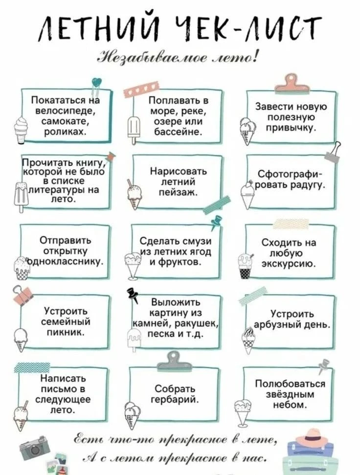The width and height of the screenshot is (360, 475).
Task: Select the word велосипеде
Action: click(x=66, y=111)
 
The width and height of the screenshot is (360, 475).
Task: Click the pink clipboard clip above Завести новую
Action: click(x=293, y=84)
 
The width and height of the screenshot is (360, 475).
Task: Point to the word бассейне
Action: click(x=178, y=132)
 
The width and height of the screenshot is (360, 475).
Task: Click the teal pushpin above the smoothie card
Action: click(x=216, y=223)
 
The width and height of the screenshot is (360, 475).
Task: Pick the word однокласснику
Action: click(x=66, y=262)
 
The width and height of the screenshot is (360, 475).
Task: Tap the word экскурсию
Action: click(x=289, y=264)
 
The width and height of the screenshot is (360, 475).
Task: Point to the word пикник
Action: click(x=66, y=333)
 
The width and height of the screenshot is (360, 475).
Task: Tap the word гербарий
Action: click(x=175, y=400)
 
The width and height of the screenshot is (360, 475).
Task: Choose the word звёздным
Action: click(x=290, y=395)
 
